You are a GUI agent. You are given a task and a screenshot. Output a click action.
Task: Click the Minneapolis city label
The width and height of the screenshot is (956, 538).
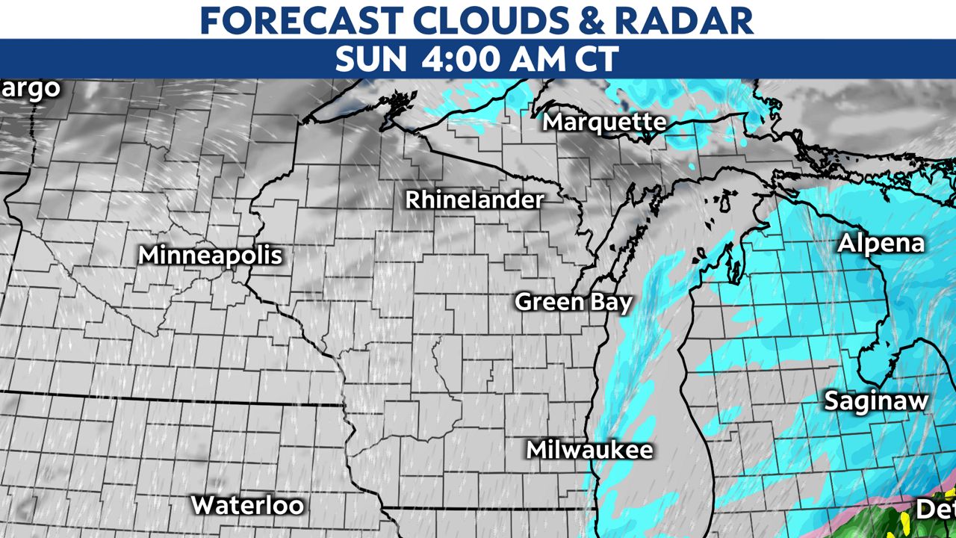(211, 256)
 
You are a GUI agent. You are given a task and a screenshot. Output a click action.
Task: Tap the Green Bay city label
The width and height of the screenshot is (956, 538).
(574, 303)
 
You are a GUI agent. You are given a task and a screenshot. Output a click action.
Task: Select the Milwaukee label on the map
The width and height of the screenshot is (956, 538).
(589, 450)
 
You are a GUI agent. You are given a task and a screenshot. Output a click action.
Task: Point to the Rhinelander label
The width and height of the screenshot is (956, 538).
(474, 200)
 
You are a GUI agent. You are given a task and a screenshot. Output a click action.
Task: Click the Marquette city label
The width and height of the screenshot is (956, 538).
(604, 122)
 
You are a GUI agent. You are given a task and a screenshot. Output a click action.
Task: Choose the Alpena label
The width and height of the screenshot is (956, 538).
(881, 244)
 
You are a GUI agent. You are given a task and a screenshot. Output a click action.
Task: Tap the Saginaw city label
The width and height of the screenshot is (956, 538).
(876, 401)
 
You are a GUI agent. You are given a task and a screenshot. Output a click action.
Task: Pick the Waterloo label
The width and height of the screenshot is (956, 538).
(247, 505)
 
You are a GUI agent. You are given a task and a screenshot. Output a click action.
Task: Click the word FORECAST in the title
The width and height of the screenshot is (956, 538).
(307, 20)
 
